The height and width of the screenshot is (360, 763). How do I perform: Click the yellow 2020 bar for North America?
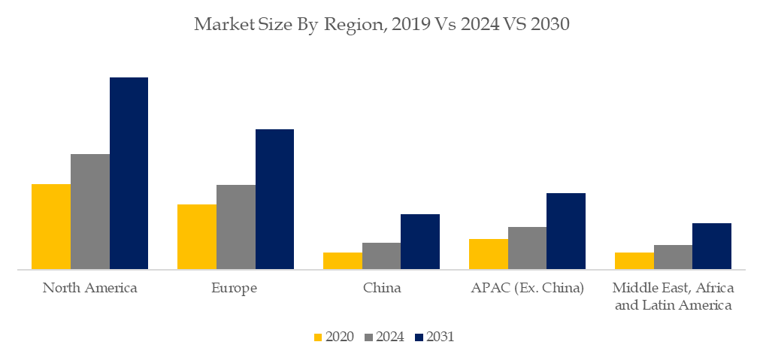[x=51, y=226]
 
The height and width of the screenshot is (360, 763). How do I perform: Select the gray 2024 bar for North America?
[x=90, y=211]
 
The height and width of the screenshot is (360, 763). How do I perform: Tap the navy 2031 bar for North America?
[x=129, y=173]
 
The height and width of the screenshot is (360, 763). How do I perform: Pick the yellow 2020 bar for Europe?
[x=197, y=237]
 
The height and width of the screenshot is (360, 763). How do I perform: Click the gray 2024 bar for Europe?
[x=236, y=227]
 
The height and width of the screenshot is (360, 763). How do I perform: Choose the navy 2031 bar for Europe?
[x=275, y=199]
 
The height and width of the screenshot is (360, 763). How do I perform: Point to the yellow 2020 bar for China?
[x=343, y=261]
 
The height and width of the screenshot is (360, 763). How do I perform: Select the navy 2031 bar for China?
[x=420, y=241]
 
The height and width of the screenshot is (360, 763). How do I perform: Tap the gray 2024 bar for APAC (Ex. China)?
[x=527, y=248]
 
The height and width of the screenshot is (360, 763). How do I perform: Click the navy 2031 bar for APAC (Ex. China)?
[x=566, y=231]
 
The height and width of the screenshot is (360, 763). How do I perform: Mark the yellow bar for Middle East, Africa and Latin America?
[x=634, y=261]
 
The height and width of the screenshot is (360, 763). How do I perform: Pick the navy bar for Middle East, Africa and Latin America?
[x=712, y=246]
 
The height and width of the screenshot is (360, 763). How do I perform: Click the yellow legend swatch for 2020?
[x=318, y=337]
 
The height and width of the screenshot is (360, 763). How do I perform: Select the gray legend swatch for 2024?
[x=368, y=337]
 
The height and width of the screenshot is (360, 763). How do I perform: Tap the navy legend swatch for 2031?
[x=419, y=337]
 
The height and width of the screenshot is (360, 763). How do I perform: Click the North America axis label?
[x=90, y=288]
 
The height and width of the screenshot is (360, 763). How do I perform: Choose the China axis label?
[x=382, y=288]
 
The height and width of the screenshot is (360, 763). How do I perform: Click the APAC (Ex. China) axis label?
[x=527, y=288]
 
